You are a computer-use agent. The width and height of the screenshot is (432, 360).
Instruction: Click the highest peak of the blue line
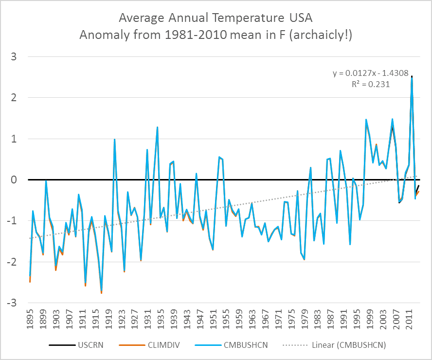(x=412, y=78)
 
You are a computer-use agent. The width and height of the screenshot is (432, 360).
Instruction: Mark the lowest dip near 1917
(x=102, y=291)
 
